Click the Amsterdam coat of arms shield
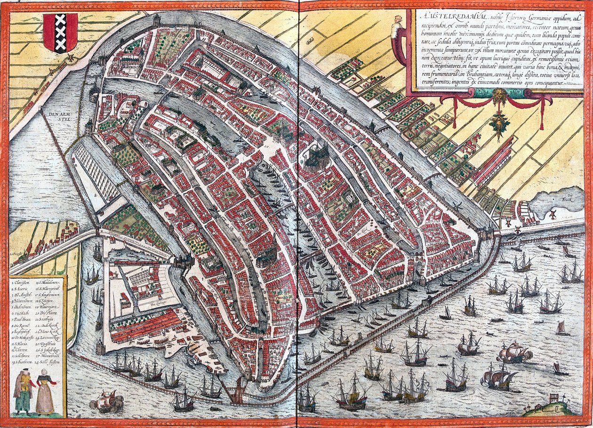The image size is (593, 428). pos(60,32)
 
